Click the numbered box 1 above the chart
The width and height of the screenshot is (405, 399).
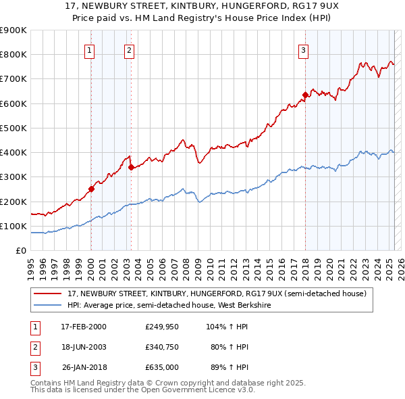click(x=90, y=49)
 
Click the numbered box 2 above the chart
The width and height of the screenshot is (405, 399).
click(x=129, y=49)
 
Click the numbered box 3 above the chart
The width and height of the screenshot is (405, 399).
click(x=304, y=49)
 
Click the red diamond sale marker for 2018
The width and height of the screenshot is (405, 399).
click(x=305, y=95)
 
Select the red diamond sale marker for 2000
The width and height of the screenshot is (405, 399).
click(x=91, y=189)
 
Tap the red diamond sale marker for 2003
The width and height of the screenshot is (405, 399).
click(x=131, y=167)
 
